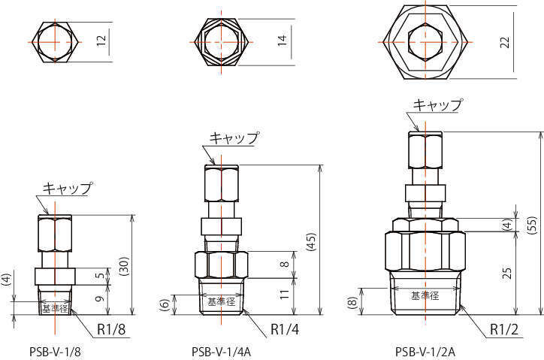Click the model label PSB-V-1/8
pos(55,352)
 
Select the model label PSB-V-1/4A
pos(221,352)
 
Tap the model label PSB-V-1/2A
pos(425,352)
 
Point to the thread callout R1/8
pos(111,329)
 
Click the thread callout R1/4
pos(285,329)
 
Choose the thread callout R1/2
pos(504,329)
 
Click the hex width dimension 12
pos(101,41)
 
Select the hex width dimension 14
pos(283,41)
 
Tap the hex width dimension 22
pos(505,41)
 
